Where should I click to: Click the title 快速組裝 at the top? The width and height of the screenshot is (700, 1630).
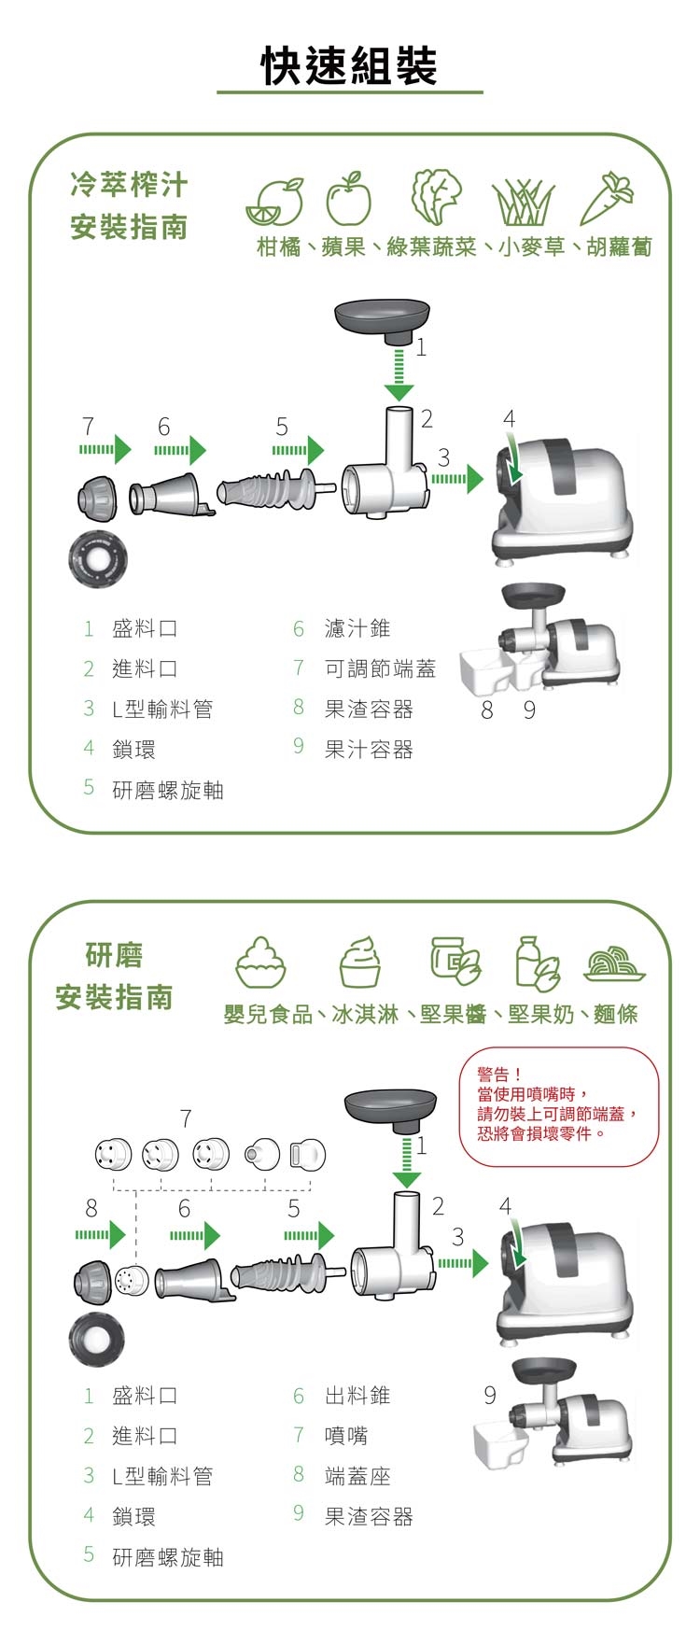(x=349, y=65)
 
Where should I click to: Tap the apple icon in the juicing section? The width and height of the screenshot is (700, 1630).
(x=348, y=199)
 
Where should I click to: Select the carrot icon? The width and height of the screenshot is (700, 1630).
(x=607, y=198)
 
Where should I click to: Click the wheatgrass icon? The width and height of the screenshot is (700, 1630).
(x=524, y=202)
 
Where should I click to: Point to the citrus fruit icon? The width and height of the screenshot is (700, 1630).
(x=276, y=202)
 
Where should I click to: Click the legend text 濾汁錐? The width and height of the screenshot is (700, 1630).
(x=357, y=628)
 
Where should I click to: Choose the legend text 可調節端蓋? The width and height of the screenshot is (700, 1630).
(x=380, y=668)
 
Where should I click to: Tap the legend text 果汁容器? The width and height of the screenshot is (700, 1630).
(x=369, y=750)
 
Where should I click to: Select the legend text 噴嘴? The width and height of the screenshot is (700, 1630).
(x=346, y=1435)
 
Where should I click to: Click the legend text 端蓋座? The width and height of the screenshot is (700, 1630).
(x=357, y=1476)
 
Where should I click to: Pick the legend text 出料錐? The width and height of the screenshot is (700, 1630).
(x=357, y=1395)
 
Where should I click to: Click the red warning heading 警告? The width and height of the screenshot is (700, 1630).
(x=499, y=1075)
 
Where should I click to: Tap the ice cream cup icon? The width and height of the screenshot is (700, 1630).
(x=361, y=962)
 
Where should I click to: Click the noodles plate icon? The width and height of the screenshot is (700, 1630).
(x=614, y=963)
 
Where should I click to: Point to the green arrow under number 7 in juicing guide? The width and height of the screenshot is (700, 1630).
(x=105, y=450)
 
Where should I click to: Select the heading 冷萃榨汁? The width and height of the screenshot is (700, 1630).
(x=129, y=185)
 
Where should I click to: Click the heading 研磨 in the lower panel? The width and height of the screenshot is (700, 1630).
(x=114, y=955)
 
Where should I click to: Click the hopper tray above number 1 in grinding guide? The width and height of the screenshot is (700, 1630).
(x=390, y=1108)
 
